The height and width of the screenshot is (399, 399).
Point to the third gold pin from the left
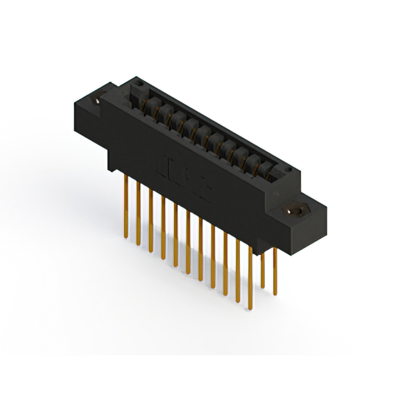point(151,215)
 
